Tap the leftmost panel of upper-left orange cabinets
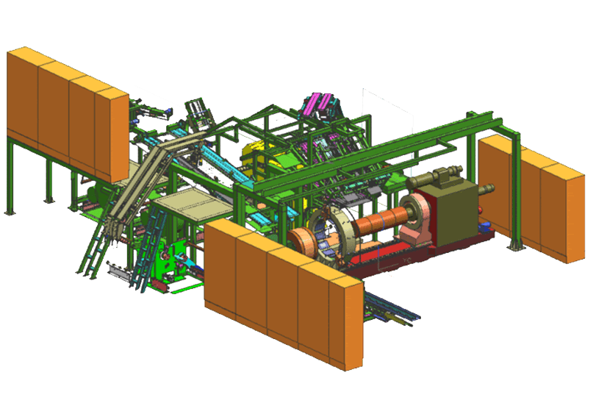point(22,96)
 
